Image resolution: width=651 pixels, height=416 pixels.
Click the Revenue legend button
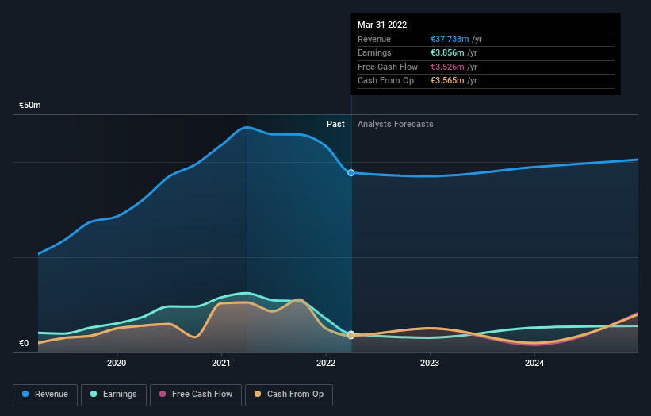pos(45,395)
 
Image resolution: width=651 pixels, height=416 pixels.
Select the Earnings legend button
pos(113,395)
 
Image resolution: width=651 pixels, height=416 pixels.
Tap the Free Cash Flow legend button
pos(197,395)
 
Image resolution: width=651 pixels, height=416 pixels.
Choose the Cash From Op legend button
pos(289,395)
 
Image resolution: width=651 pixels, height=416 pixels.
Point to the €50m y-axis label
pos(30,106)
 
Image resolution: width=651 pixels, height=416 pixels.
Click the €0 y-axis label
pos(24,344)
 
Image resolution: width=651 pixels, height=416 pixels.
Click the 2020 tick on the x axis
pos(117,364)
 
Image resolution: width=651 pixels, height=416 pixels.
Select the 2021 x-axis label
pos(221,364)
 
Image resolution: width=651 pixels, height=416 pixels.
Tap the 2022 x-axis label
pos(326,364)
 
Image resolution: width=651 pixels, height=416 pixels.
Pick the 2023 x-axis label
pos(430,364)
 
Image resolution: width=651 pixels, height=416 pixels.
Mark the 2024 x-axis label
pos(534,364)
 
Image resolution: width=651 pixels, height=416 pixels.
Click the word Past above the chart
pos(335,125)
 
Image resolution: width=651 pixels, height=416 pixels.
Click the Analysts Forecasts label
pos(395,125)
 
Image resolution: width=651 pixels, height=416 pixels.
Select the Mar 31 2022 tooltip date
pos(382,25)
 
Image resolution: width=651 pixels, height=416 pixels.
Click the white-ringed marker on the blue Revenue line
pos(350,172)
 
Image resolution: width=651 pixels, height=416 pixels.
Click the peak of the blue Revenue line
pos(248,127)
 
